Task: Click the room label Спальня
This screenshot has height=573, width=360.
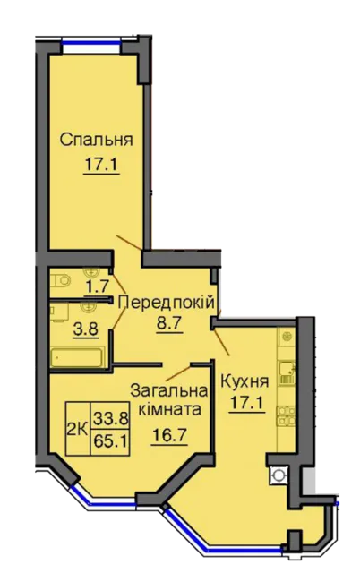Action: [x=96, y=140]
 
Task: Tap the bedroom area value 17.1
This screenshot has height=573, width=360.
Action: [x=101, y=165]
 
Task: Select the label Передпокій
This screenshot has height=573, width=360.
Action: [x=167, y=303]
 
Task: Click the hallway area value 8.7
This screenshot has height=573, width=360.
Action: [x=169, y=323]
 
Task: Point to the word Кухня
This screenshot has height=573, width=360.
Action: [x=245, y=382]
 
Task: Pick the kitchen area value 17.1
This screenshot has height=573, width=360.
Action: [x=246, y=404]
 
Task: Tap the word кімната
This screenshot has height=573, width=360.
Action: [x=169, y=410]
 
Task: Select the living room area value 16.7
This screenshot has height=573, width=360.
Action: [x=169, y=435]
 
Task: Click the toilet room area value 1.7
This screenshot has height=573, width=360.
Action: [x=97, y=286]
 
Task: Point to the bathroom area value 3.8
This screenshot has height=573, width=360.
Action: [x=85, y=329]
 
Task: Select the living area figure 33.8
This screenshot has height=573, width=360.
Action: [x=110, y=418]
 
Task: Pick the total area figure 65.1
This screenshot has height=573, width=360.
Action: [x=110, y=441]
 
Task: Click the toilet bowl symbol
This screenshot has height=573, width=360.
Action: [x=60, y=280]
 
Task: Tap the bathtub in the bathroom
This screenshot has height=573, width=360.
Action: [x=78, y=358]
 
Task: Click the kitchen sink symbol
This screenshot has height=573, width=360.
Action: [x=287, y=373]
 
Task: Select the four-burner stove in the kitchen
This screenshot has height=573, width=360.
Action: [x=287, y=416]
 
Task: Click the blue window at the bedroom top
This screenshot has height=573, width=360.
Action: [x=91, y=42]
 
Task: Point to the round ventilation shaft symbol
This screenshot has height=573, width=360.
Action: [x=279, y=475]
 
